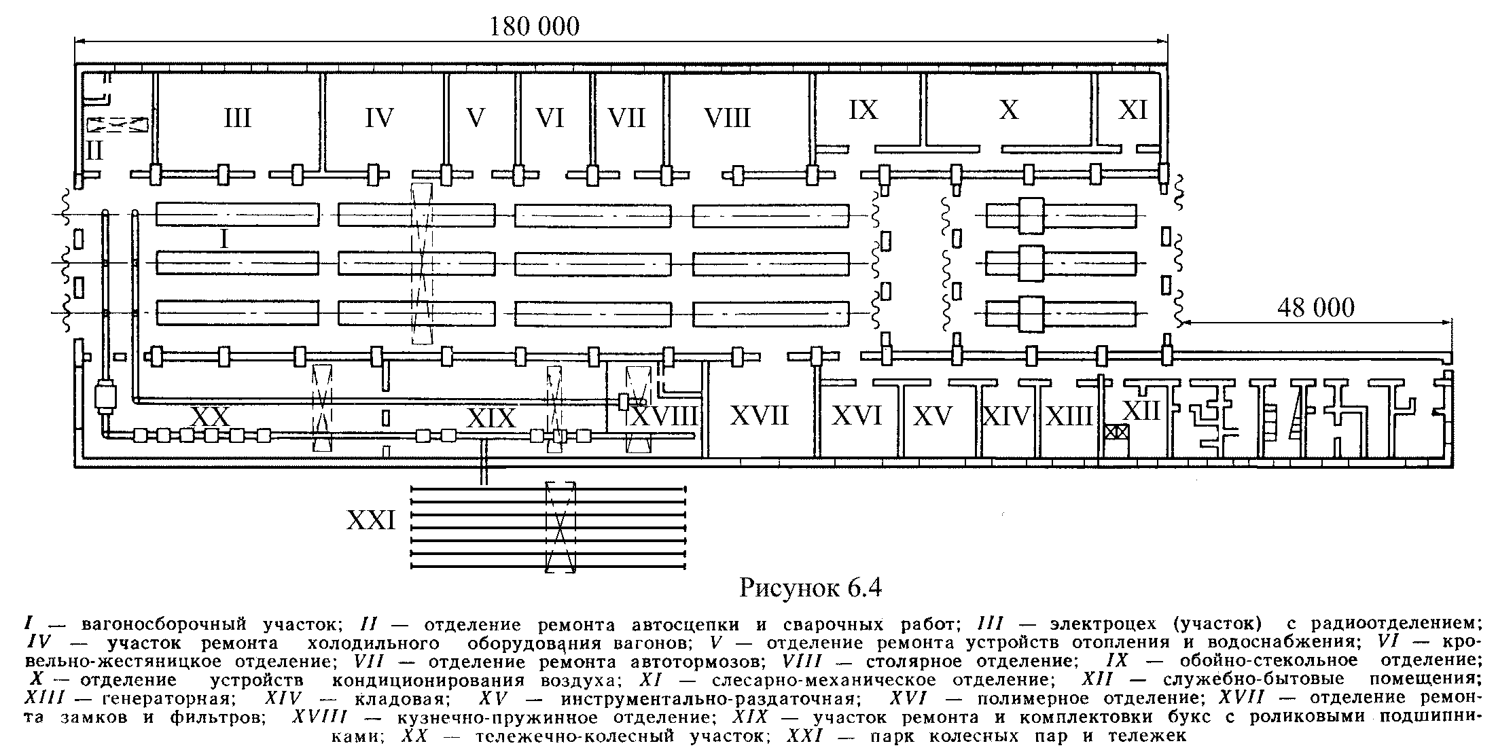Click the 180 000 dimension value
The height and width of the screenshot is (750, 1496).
click(x=535, y=26)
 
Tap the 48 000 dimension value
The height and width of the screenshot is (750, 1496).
click(x=1315, y=308)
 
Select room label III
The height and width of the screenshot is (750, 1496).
click(x=238, y=118)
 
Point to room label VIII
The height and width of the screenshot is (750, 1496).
click(x=728, y=118)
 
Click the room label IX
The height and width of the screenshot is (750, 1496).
click(x=863, y=109)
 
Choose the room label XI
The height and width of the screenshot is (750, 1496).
click(x=1133, y=109)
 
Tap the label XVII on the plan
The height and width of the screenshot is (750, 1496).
click(x=759, y=414)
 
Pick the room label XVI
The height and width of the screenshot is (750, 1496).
click(x=857, y=415)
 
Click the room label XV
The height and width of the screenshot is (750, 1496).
click(x=933, y=415)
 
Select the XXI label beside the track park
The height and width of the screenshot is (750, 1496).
click(x=371, y=520)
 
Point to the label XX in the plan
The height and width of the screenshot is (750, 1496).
click(x=211, y=414)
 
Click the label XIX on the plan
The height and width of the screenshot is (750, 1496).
click(x=491, y=418)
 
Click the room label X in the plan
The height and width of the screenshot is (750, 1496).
click(x=1009, y=109)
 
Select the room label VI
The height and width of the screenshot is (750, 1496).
click(x=550, y=118)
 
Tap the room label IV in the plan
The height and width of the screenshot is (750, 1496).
click(x=379, y=118)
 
